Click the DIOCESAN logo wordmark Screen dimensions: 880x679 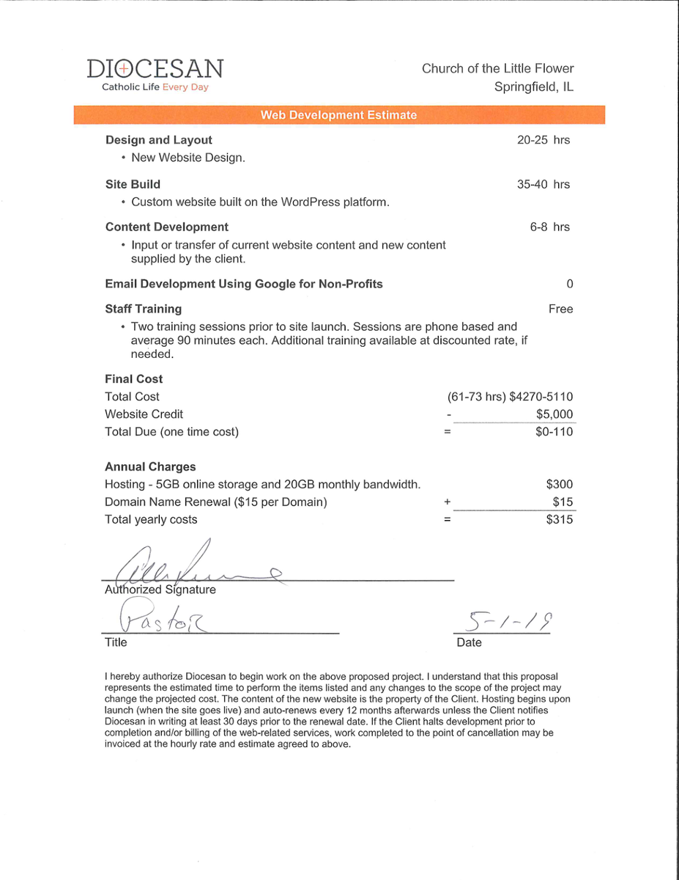(x=155, y=69)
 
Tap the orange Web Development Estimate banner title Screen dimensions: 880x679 (x=338, y=115)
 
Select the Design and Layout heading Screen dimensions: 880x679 (x=159, y=140)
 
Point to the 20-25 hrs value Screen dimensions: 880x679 (x=543, y=140)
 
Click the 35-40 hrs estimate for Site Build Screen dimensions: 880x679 (x=543, y=184)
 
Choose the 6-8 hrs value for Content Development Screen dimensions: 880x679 (x=549, y=227)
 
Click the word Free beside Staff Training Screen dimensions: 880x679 (x=560, y=309)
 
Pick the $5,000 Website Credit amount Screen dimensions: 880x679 (x=554, y=414)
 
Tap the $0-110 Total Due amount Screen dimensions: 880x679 (x=554, y=432)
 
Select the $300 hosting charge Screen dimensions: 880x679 (x=560, y=485)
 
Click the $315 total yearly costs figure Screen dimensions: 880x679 (x=560, y=520)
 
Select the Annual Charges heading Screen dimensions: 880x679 (x=150, y=467)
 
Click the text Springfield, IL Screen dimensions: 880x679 (x=534, y=87)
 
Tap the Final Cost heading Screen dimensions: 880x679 (x=134, y=379)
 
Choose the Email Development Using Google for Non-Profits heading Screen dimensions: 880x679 (x=244, y=284)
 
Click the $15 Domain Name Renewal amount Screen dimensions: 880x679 (x=563, y=502)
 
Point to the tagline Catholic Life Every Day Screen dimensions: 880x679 (x=155, y=87)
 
